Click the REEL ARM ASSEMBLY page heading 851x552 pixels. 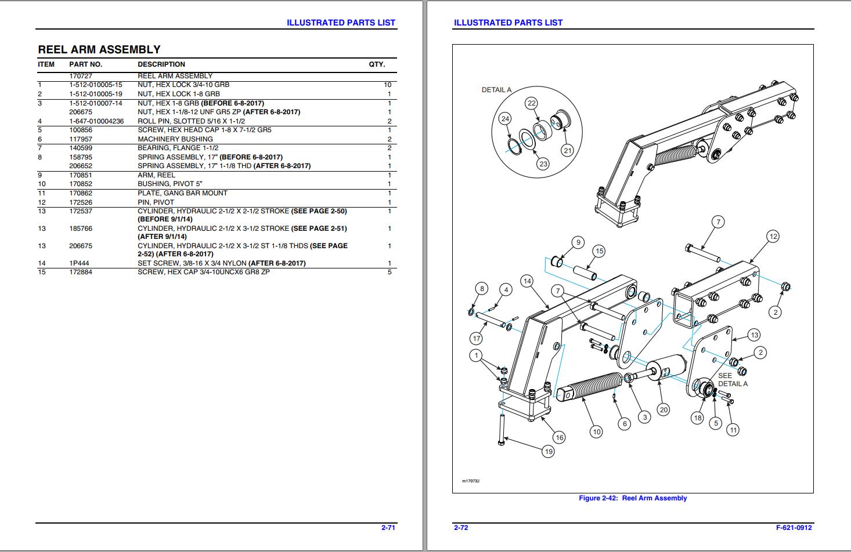(99, 49)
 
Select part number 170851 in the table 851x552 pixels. (81, 175)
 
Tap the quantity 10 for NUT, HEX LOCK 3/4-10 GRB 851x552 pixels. (387, 85)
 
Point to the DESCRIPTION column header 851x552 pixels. (161, 64)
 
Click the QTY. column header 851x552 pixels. (377, 64)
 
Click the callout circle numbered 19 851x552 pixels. (548, 451)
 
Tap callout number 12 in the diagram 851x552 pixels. (773, 237)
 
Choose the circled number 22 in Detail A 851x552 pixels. (531, 103)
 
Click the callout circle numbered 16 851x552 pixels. (558, 437)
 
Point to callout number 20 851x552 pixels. (664, 409)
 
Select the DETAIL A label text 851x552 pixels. (496, 90)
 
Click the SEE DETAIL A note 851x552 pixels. (733, 380)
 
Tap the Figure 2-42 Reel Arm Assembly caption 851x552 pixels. (632, 498)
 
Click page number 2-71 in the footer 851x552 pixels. (388, 528)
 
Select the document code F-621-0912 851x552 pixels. (794, 528)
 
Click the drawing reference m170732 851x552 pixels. (471, 481)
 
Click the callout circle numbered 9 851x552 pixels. (578, 242)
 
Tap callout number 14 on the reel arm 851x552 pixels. (527, 281)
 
